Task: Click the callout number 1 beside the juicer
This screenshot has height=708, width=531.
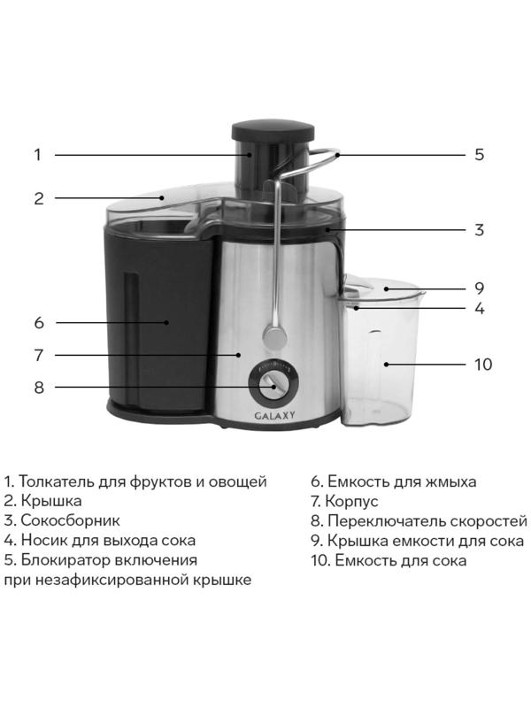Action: pyautogui.click(x=38, y=155)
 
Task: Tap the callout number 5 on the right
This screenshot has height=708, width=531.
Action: pyautogui.click(x=479, y=155)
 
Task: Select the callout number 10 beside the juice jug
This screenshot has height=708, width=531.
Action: pyautogui.click(x=482, y=365)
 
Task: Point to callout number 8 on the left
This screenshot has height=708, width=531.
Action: pyautogui.click(x=38, y=388)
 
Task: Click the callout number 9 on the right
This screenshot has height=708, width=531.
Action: pyautogui.click(x=479, y=289)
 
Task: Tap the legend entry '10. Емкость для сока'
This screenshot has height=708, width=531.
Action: pyautogui.click(x=389, y=559)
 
